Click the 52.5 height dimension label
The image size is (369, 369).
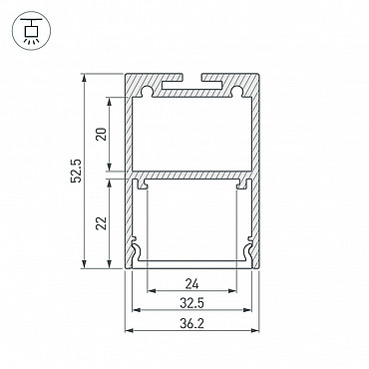click(77, 171)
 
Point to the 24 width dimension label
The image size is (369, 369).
click(191, 284)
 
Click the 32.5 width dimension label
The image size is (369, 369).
click(191, 303)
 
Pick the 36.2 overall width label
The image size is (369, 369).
click(191, 323)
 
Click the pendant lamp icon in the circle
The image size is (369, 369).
click(31, 31)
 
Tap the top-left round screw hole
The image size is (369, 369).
click(146, 91)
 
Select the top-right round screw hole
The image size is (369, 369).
click(236, 91)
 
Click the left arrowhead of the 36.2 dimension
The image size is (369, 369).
click(129, 331)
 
